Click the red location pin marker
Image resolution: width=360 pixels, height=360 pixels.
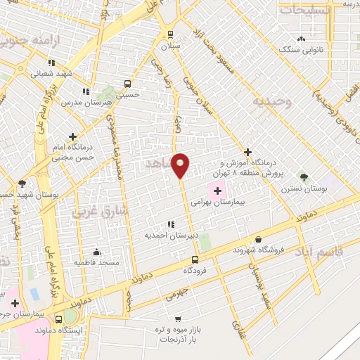(181, 165)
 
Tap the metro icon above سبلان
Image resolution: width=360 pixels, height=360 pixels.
(170, 34)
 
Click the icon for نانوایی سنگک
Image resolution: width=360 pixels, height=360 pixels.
(302, 39)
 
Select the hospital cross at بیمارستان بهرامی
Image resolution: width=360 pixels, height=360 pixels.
(217, 190)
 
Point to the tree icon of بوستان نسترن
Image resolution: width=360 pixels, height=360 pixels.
(304, 177)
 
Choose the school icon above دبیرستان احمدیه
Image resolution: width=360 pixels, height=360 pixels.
(172, 224)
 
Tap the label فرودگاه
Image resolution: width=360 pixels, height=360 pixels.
(198, 270)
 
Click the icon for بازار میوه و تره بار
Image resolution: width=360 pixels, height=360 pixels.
(177, 318)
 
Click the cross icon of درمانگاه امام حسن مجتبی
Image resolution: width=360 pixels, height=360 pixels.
(72, 136)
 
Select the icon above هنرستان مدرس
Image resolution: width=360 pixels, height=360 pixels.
(85, 91)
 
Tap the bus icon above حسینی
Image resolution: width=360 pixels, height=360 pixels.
(127, 82)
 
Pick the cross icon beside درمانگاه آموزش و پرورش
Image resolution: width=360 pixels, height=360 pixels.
(247, 152)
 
